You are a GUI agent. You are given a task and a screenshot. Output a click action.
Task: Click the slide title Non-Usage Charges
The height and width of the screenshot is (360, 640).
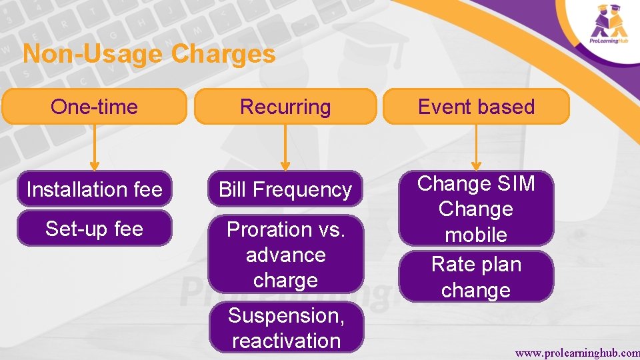pos(149,54)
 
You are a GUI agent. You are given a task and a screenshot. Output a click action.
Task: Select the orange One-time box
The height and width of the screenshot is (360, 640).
pos(94,107)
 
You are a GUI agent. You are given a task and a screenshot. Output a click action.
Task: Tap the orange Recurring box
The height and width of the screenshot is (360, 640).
pos(285,107)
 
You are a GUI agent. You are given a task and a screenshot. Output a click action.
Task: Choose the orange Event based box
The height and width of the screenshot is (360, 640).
pos(476,107)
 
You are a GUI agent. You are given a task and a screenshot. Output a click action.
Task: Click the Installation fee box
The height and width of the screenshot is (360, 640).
pos(94,189)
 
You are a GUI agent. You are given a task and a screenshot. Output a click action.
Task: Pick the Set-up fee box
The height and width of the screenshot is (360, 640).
pos(94,229)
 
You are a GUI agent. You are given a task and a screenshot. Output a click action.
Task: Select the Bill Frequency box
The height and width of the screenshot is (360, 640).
pos(285,189)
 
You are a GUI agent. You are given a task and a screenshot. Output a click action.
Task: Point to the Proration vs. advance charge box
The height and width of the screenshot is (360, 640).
pos(285,255)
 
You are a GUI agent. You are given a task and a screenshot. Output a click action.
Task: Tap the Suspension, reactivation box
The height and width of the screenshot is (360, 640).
pos(286,327)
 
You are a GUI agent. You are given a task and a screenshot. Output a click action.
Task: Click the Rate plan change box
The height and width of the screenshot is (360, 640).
pos(476,277)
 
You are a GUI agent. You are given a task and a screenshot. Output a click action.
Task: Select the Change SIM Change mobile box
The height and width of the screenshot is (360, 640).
pos(476,209)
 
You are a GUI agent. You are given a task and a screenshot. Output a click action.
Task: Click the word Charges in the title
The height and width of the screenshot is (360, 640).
pos(223,54)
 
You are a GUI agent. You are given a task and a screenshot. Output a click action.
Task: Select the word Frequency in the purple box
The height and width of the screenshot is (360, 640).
pos(312,189)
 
